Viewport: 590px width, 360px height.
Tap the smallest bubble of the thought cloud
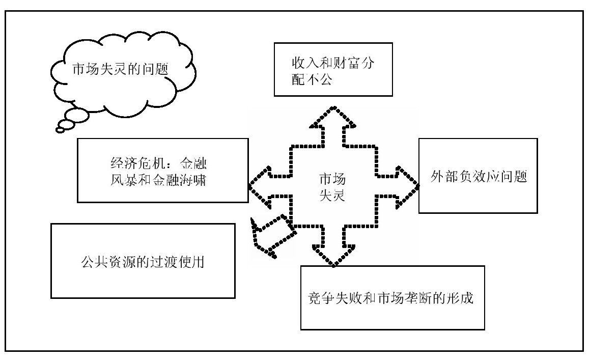pyautogui.click(x=61, y=130)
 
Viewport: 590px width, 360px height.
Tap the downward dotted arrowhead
pyautogui.click(x=332, y=258)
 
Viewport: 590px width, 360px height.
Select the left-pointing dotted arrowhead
pyautogui.click(x=258, y=188)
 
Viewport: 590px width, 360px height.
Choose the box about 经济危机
pyautogui.click(x=163, y=171)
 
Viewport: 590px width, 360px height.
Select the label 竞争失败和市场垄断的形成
pyautogui.click(x=391, y=298)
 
